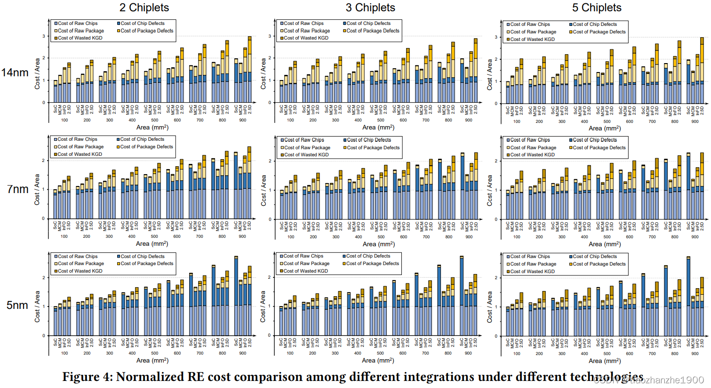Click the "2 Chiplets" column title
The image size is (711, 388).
144,8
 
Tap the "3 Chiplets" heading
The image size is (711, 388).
370,8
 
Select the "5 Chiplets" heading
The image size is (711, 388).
597,8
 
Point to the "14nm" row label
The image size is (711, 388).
15,73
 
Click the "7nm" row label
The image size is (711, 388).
18,189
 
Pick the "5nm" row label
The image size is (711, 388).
17,305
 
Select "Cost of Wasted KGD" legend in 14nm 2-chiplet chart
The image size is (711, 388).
80,38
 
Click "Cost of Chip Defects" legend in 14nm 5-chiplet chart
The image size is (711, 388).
594,24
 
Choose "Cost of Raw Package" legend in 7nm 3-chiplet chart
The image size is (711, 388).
306,147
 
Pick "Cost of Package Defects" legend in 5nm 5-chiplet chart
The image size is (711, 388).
599,264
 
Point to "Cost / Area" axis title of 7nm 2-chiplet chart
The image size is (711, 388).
37,189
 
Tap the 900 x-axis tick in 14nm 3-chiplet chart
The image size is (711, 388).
469,120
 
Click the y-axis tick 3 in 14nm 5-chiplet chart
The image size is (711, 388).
496,37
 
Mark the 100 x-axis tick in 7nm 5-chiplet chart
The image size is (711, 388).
517,237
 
